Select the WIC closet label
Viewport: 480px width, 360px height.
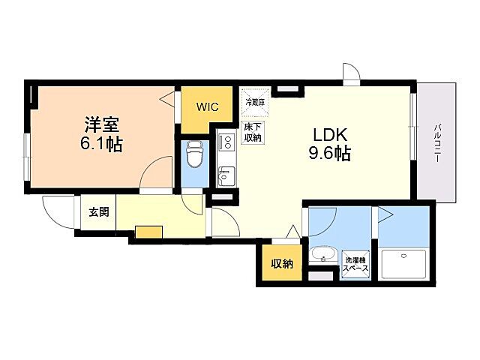[208, 107]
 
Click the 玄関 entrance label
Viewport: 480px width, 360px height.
[99, 211]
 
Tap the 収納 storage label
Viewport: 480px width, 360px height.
[282, 263]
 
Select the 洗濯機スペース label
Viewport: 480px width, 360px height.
[356, 262]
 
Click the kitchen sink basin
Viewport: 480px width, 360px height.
[225, 177]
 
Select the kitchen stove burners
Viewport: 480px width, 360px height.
[225, 142]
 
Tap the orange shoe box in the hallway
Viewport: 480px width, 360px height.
[148, 231]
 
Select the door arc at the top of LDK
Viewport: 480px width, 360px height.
[351, 72]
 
